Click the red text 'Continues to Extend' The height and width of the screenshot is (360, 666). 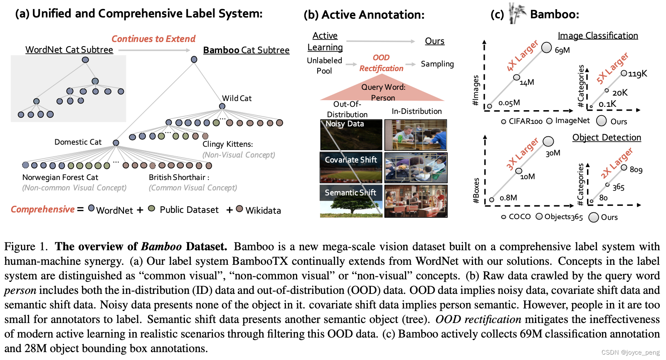tap(153, 39)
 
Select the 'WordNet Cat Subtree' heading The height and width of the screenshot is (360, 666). tap(69, 50)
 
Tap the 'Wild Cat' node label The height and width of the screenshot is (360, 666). tap(237, 99)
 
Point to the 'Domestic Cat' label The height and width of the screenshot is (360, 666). tap(78, 142)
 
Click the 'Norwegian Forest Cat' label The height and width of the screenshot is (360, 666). tap(60, 178)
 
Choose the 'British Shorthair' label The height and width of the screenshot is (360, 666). tap(178, 178)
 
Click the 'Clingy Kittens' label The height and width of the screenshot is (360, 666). tap(227, 144)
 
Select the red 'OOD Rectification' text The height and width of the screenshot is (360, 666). tap(381, 63)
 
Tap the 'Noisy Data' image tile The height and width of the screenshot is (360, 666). tap(351, 135)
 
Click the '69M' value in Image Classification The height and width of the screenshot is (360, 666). tap(562, 50)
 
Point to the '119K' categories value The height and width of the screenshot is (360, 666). tap(637, 74)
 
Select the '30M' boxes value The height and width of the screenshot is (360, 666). tap(553, 153)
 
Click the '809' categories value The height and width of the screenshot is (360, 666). tap(636, 170)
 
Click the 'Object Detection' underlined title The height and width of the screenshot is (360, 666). tap(607, 138)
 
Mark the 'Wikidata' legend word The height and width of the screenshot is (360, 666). tap(263, 211)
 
